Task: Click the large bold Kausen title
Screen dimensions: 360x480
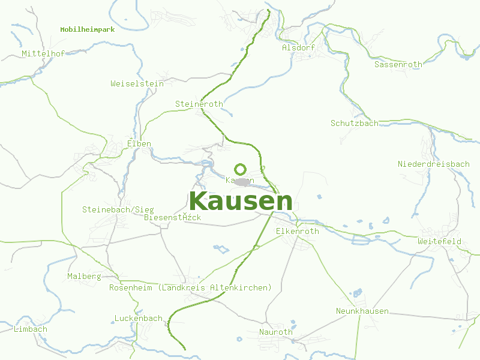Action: click(241, 202)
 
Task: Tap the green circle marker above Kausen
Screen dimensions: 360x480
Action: click(240, 169)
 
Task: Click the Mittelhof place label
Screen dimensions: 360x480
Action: click(43, 53)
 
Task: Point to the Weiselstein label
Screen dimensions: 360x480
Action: click(137, 83)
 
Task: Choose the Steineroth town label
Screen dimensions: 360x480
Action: click(199, 104)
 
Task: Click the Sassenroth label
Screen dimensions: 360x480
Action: click(398, 64)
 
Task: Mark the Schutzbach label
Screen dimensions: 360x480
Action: click(354, 123)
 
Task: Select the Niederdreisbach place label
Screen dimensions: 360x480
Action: click(433, 164)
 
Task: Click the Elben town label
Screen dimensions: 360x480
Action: click(139, 143)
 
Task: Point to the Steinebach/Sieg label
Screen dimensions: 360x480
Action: click(118, 209)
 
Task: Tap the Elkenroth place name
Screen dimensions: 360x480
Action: click(297, 231)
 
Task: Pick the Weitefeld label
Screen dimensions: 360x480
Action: click(439, 241)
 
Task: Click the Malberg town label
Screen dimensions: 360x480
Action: click(84, 277)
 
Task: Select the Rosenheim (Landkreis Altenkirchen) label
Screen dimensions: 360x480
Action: click(190, 287)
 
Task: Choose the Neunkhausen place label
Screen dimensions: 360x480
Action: click(362, 311)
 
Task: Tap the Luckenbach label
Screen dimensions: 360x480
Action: click(138, 318)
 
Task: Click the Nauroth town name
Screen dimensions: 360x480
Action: click(275, 332)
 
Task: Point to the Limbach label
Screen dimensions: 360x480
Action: click(30, 329)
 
